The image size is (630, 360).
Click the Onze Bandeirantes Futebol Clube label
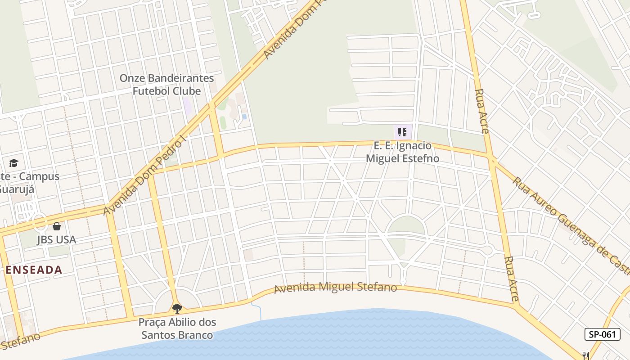(166, 85)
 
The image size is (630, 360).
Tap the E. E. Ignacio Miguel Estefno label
(402, 152)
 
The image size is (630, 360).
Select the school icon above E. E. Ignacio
(402, 132)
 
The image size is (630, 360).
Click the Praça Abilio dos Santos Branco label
(177, 328)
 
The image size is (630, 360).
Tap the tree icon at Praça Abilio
(177, 308)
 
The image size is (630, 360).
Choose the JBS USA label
(57, 240)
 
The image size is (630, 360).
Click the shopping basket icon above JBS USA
(57, 226)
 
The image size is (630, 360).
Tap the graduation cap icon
(13, 163)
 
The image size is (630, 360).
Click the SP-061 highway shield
(603, 334)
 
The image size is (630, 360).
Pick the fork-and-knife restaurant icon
(586, 355)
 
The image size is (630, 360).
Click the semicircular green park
(406, 225)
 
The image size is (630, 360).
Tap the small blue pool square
(244, 116)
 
